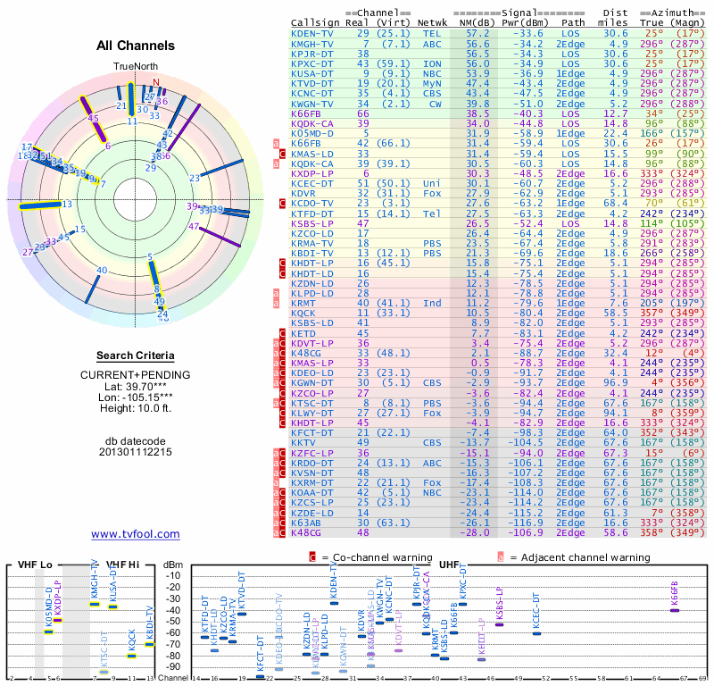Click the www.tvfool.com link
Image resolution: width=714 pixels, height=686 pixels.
(136, 534)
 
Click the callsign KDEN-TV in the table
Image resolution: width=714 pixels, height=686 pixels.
(313, 33)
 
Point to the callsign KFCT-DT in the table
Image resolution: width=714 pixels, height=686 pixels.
(313, 431)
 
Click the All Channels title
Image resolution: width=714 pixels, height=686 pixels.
(136, 46)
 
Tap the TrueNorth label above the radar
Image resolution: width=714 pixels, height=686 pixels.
(135, 67)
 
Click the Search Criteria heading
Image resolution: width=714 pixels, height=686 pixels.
(136, 356)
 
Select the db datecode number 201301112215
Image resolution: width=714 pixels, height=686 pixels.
(136, 452)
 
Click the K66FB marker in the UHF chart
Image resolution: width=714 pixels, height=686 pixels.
(675, 610)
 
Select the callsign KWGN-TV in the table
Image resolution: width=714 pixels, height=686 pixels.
(313, 104)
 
